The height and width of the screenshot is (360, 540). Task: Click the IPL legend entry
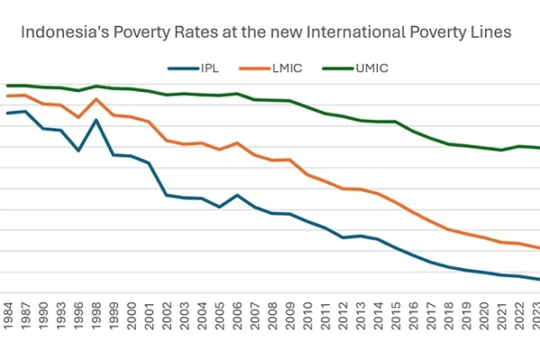point(201,67)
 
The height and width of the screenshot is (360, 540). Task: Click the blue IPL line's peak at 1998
point(95,120)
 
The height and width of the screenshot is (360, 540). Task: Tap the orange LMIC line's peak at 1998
point(95,99)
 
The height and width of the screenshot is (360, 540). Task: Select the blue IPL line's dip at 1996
point(78,150)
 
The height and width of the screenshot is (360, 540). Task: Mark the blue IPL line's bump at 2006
point(238,194)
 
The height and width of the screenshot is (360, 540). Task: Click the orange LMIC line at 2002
point(166,140)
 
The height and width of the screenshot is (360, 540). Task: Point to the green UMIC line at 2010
point(308,107)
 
